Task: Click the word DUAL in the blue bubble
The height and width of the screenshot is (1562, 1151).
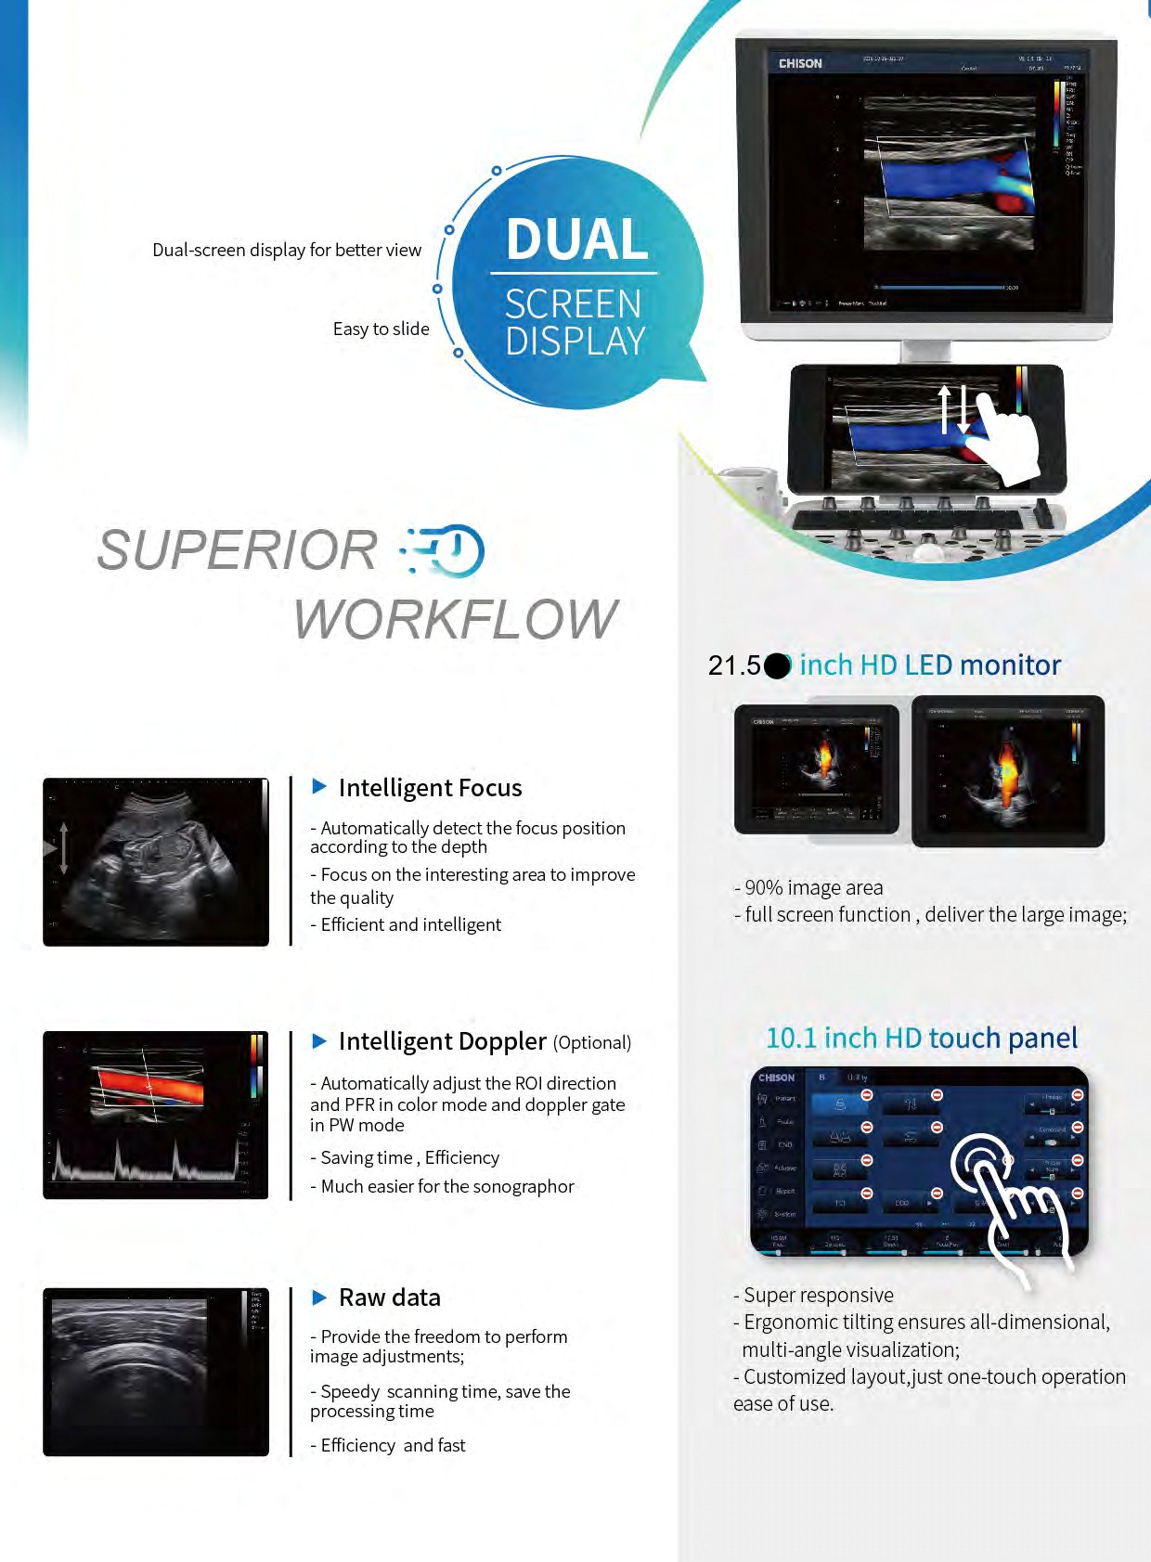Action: point(576,239)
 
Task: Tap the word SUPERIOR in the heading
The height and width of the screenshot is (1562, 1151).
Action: point(237,550)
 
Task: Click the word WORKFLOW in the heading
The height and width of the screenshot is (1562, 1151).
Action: point(456,619)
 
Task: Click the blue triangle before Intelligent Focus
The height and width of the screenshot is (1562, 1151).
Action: point(319,787)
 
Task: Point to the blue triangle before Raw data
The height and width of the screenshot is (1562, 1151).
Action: point(319,1297)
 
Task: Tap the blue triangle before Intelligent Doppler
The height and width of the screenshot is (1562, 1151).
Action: point(319,1041)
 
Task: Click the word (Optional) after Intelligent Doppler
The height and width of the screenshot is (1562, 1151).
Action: point(592,1043)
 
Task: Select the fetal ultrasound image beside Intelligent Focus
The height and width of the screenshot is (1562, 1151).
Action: point(156,862)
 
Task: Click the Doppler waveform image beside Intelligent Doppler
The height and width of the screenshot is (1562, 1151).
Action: point(156,1115)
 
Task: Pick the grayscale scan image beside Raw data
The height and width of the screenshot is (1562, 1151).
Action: point(156,1372)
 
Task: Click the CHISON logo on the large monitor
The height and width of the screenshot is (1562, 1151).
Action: point(800,64)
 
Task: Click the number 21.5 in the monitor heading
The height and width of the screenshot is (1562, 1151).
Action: point(734,665)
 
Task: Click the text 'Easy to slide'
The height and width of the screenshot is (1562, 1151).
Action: point(381,329)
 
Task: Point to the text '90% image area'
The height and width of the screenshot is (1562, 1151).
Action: point(808,887)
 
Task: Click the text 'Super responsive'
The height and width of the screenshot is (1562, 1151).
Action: point(814,1295)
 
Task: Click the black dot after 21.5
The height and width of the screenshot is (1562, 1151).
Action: point(778,665)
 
